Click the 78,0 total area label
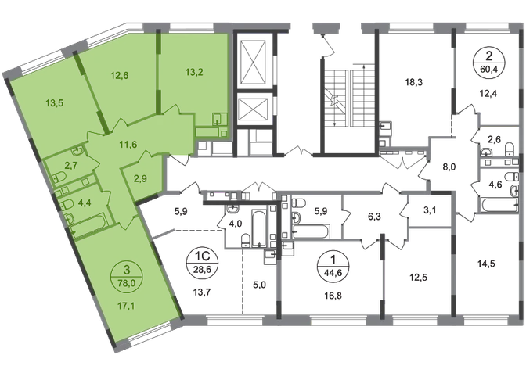coord(127,282)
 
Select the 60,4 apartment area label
coord(488,70)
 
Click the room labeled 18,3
coord(413,82)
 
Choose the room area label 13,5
coord(55,103)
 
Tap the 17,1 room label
coord(126,306)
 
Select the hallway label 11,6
coord(128,145)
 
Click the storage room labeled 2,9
coord(140,178)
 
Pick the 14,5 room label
coord(486,264)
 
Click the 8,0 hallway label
coord(449,167)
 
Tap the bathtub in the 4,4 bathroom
coord(89,224)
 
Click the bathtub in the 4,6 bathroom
coord(499,203)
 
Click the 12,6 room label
coord(120,76)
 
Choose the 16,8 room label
coord(333,296)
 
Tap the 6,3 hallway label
coord(374,217)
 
